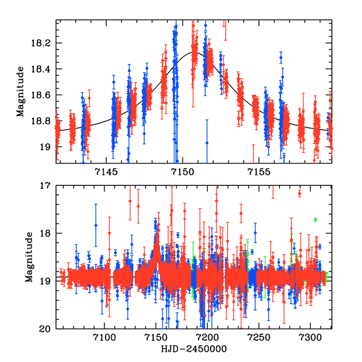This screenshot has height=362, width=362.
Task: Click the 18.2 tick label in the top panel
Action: [x=42, y=43]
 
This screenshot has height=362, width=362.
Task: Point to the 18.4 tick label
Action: [x=42, y=69]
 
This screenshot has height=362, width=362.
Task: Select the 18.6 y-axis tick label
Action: [x=42, y=95]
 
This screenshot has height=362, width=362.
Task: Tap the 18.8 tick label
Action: [x=42, y=121]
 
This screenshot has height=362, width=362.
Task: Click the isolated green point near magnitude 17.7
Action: [x=315, y=220]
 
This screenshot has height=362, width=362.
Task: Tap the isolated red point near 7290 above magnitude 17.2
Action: [x=299, y=194]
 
